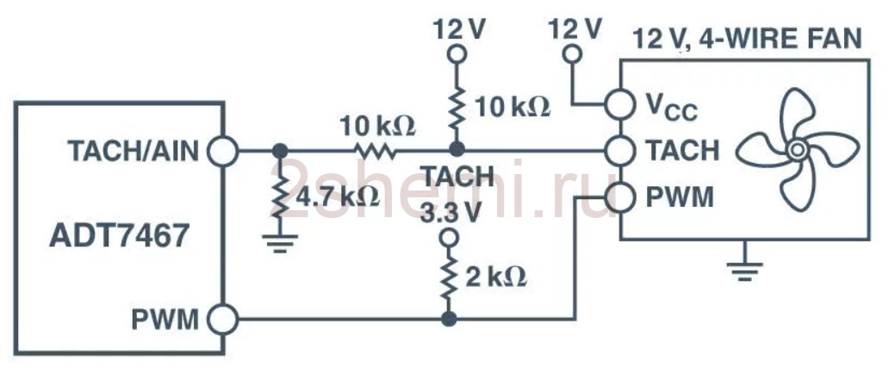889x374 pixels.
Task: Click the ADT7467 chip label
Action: [x=118, y=237]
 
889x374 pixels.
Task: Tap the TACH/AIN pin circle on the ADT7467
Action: [x=223, y=151]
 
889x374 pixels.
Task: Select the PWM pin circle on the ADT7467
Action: [x=223, y=319]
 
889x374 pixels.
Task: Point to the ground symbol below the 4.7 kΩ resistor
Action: [x=279, y=243]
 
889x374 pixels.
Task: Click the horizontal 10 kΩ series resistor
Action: [x=376, y=151]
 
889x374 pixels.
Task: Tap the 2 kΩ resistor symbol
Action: [x=449, y=278]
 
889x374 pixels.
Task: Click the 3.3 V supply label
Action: [x=450, y=212]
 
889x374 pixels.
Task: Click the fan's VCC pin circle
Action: [x=619, y=104]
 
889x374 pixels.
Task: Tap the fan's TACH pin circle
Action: [x=619, y=151]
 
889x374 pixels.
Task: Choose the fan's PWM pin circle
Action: [x=619, y=198]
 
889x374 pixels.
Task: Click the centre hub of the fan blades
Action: [x=797, y=150]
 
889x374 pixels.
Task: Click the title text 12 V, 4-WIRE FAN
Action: [x=747, y=39]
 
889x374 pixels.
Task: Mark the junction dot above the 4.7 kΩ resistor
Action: [x=279, y=151]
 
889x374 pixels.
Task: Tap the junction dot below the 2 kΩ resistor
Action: [x=449, y=319]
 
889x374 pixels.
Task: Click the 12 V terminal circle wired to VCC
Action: [x=573, y=54]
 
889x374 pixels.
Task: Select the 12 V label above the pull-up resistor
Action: [x=459, y=29]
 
